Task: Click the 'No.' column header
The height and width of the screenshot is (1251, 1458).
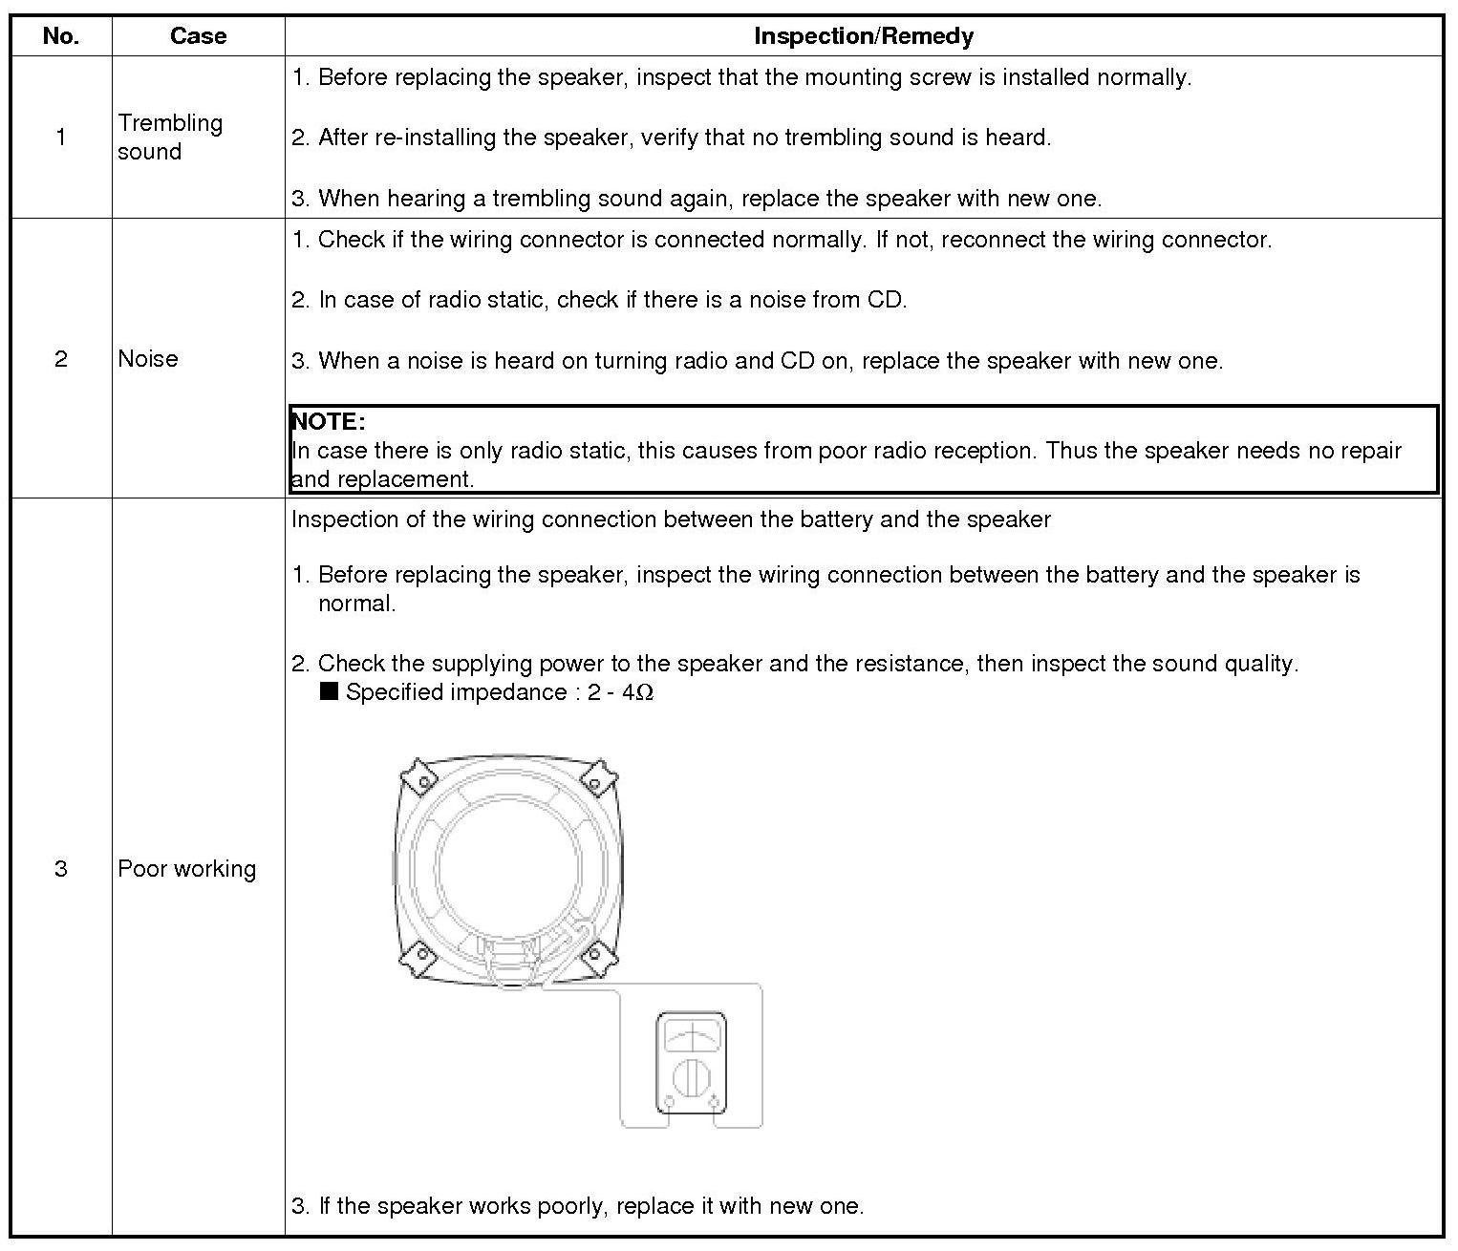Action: point(61,36)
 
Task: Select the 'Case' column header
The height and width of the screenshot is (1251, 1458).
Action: point(198,36)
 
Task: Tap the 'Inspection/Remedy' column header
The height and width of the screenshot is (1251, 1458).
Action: point(863,36)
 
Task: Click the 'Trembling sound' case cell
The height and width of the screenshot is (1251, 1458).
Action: point(169,138)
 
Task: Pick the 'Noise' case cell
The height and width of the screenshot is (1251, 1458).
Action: point(148,359)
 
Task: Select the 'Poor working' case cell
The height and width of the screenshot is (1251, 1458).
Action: point(186,869)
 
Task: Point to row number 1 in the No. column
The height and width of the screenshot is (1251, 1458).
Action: point(61,138)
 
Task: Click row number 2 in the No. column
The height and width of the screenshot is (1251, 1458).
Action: point(61,359)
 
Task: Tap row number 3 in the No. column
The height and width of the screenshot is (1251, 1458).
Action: point(61,869)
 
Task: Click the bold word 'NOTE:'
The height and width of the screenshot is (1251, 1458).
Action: point(328,422)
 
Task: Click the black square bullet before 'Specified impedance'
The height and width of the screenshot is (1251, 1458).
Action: point(330,691)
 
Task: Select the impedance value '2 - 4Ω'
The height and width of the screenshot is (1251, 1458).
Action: point(621,692)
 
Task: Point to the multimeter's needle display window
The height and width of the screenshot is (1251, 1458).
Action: point(691,1035)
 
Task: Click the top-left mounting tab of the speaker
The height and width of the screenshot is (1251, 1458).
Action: point(418,775)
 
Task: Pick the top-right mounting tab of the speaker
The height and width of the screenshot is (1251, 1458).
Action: point(597,775)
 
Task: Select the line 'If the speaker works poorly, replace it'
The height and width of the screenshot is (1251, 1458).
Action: point(577,1206)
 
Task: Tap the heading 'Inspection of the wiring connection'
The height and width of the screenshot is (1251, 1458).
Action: point(671,520)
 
